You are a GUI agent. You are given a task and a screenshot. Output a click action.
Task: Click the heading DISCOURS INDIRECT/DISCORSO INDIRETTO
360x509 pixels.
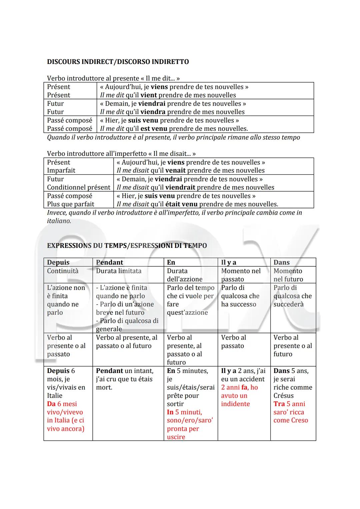coord(118,62)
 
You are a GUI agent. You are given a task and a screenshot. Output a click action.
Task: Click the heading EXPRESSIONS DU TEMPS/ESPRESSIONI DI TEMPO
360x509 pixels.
coord(127,246)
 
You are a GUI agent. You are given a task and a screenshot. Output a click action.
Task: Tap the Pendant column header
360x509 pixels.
coord(109,262)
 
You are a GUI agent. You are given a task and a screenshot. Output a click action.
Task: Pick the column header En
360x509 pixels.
coord(171,262)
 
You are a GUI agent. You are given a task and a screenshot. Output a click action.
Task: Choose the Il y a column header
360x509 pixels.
coord(228,262)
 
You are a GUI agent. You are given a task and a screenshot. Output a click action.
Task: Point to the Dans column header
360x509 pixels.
coord(281,262)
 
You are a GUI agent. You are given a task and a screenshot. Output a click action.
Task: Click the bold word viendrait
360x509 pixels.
coord(180,187)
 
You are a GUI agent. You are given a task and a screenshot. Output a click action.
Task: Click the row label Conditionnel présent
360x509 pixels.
coord(78,187)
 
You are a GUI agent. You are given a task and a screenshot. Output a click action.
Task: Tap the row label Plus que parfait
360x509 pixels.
coord(70,204)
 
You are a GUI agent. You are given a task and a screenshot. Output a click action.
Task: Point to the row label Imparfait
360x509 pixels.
coord(61,170)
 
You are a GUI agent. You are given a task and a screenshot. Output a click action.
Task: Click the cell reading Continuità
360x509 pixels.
coord(63,271)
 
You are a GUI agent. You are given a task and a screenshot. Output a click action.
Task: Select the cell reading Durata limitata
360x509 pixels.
coord(119,271)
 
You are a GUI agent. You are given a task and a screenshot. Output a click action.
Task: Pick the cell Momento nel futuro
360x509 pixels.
coord(288,275)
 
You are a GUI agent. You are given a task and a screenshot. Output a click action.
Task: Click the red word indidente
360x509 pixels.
coord(235,404)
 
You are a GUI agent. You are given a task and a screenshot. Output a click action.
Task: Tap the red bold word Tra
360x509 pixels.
coord(279,404)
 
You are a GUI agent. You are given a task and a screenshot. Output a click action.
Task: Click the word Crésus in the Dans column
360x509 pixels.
coord(283,396)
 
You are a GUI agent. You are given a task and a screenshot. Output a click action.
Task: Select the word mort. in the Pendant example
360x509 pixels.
coord(104,387)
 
